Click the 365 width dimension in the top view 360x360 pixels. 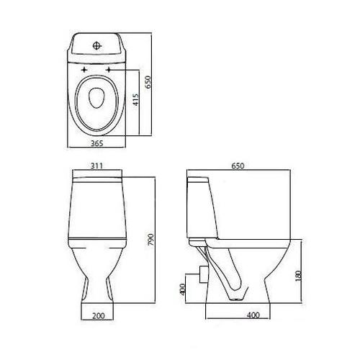97,143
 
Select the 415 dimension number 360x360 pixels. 136,99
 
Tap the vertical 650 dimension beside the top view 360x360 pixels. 148,82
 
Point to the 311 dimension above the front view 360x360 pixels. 97,166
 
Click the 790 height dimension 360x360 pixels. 150,239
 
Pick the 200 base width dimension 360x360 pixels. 99,315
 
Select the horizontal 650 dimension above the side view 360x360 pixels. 238,166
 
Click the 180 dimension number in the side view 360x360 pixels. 298,276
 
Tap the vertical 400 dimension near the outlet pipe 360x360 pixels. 182,289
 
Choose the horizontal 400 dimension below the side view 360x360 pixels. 253,315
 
